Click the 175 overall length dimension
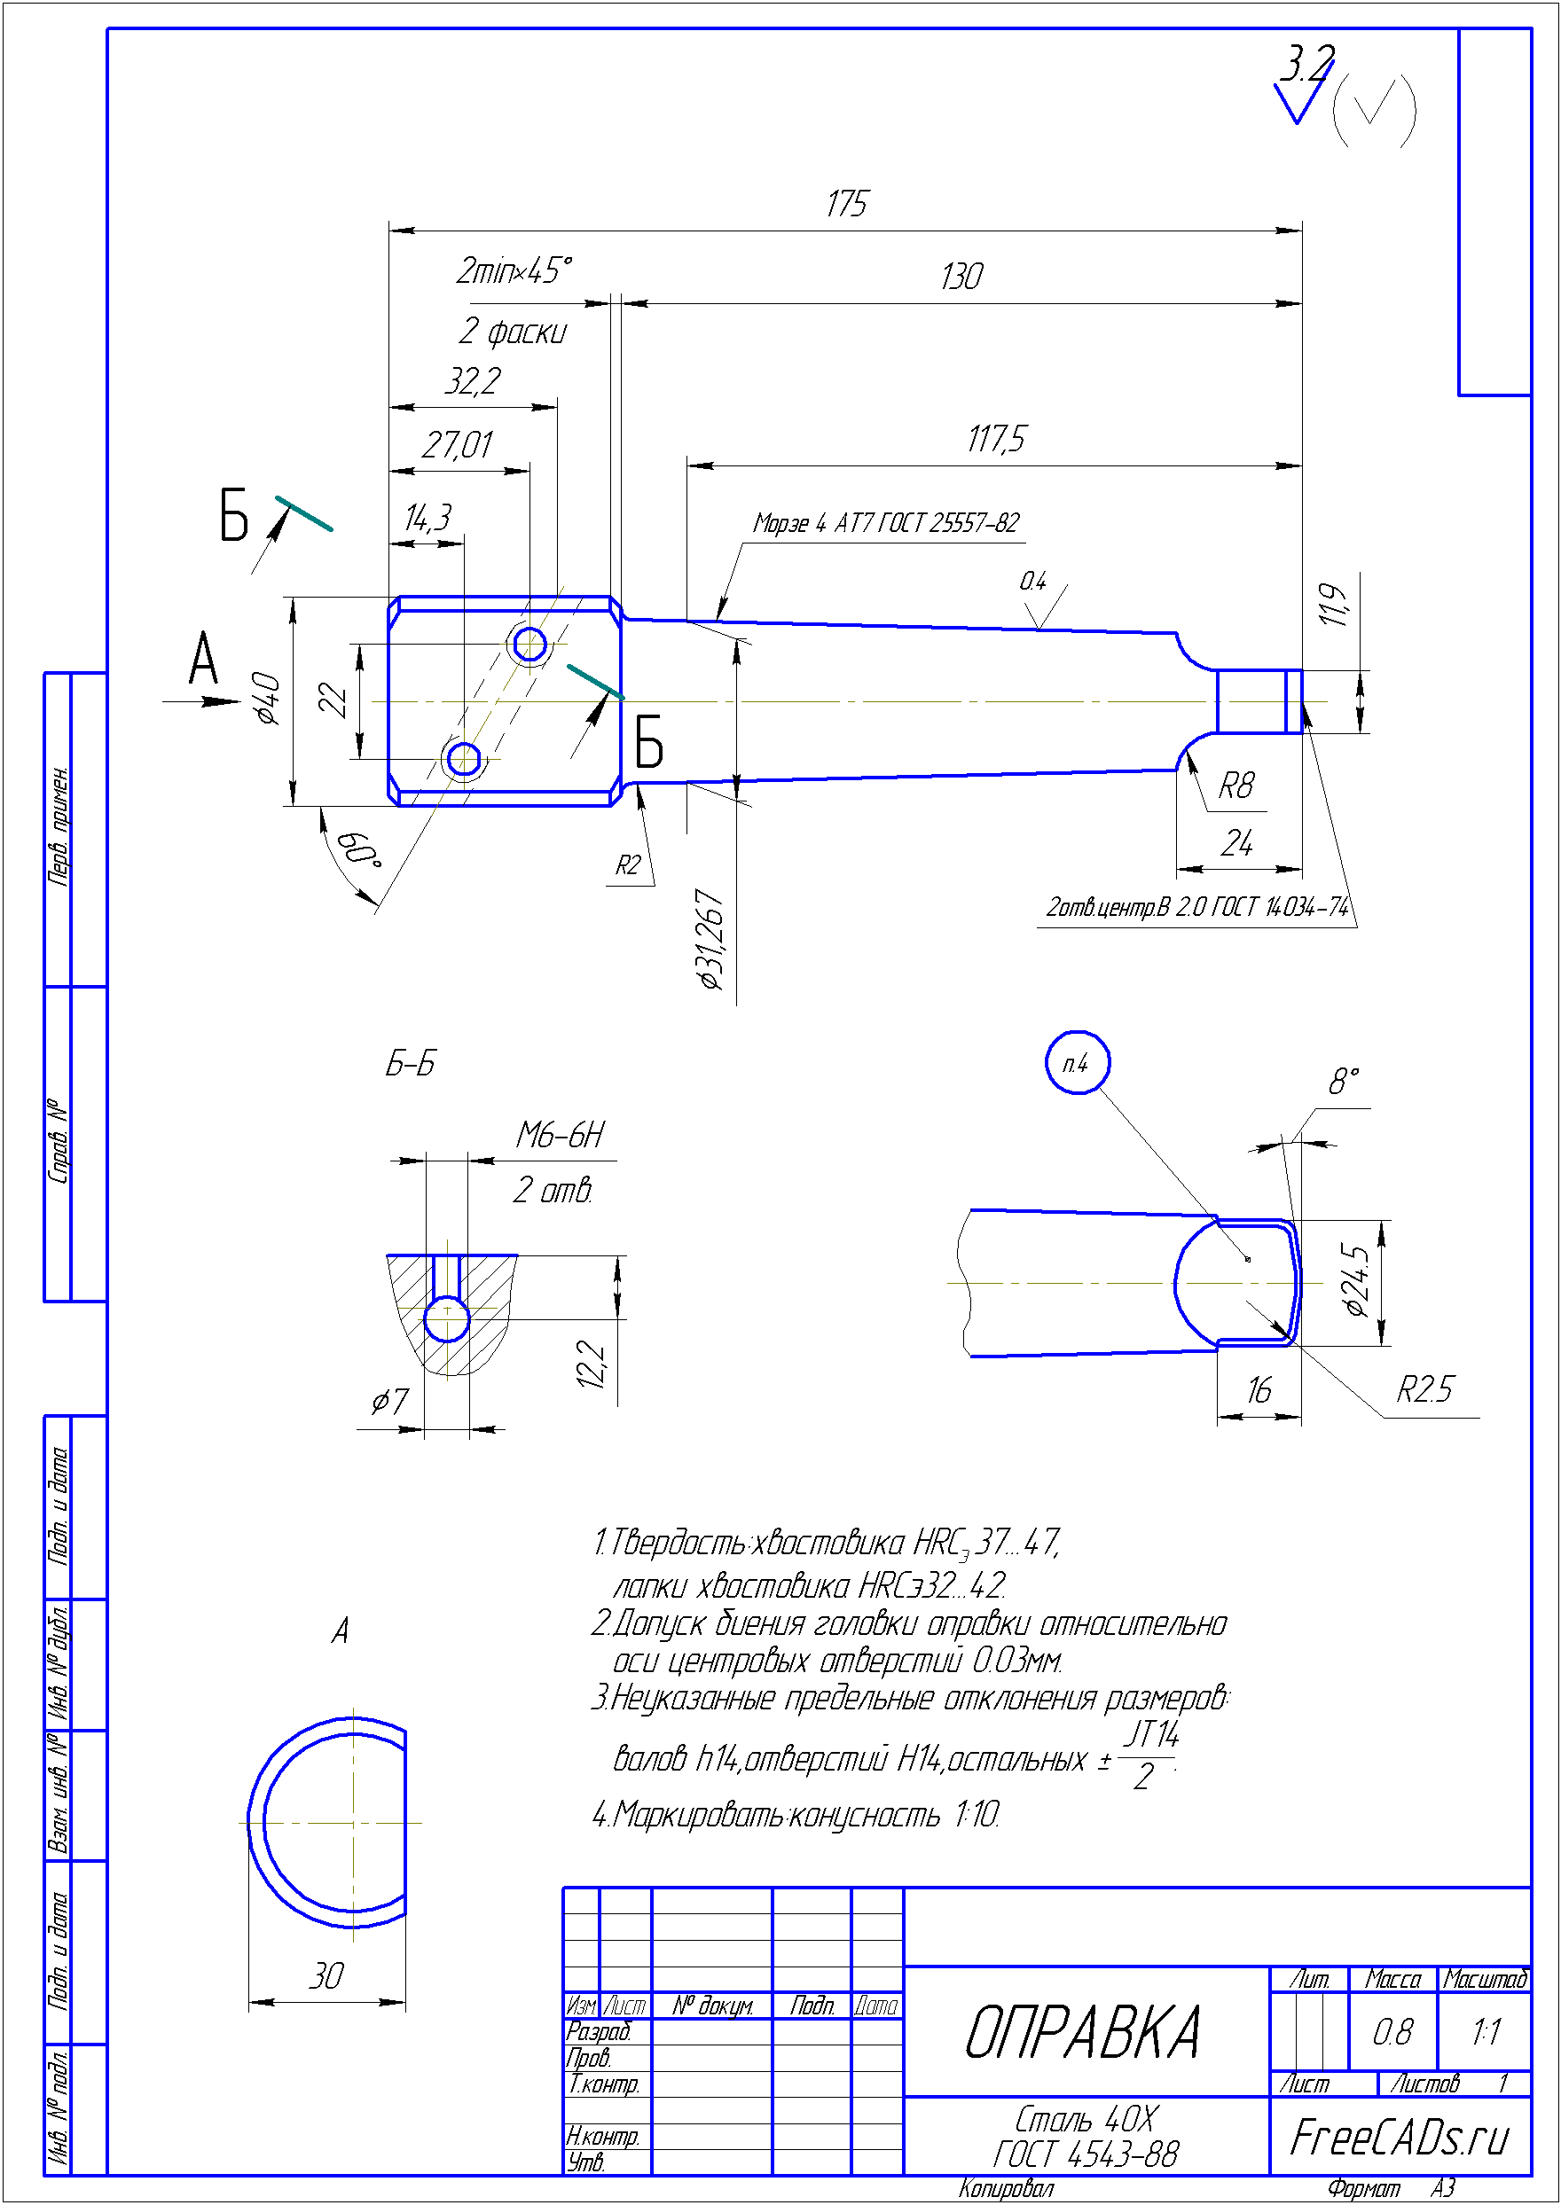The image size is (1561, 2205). pyautogui.click(x=846, y=204)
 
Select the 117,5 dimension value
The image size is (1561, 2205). pyautogui.click(x=996, y=439)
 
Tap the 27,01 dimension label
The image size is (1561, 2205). pyautogui.click(x=458, y=445)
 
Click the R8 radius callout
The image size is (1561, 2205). pyautogui.click(x=1236, y=785)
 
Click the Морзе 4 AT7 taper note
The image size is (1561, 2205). pyautogui.click(x=885, y=523)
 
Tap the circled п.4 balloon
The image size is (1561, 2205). pyautogui.click(x=1077, y=1063)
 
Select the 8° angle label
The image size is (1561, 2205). pyautogui.click(x=1344, y=1082)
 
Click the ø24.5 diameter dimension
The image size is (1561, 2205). pyautogui.click(x=1354, y=1281)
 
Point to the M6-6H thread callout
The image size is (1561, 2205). pyautogui.click(x=561, y=1135)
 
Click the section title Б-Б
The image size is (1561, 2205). pyautogui.click(x=411, y=1064)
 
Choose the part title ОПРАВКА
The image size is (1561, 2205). pyautogui.click(x=1082, y=2034)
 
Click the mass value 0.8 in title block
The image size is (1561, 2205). pyautogui.click(x=1392, y=2032)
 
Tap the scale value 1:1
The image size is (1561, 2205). pyautogui.click(x=1485, y=2032)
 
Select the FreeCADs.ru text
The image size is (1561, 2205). pyautogui.click(x=1400, y=2138)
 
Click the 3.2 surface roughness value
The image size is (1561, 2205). pyautogui.click(x=1306, y=65)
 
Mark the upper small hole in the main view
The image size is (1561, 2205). pyautogui.click(x=529, y=644)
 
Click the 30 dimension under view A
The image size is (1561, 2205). pyautogui.click(x=326, y=1976)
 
